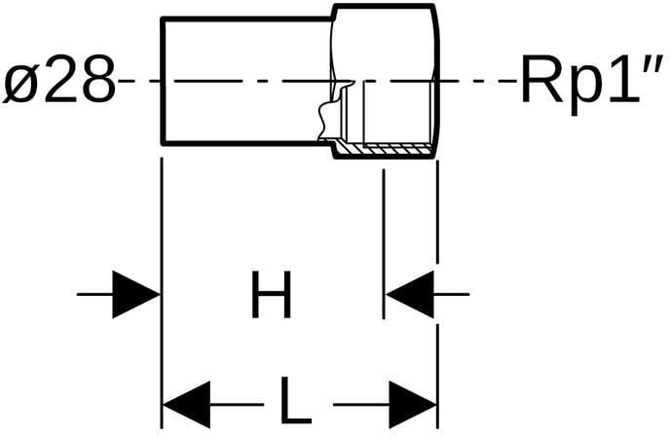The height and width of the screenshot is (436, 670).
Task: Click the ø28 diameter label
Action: click(x=59, y=80)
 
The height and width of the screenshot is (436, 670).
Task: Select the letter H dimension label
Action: click(x=272, y=295)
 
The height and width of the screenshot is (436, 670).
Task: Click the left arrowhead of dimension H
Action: click(x=136, y=294)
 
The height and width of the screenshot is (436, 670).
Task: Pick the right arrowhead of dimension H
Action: click(x=409, y=294)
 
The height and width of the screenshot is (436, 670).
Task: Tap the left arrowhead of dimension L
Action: click(x=187, y=405)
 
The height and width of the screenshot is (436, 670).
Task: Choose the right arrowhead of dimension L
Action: click(x=413, y=405)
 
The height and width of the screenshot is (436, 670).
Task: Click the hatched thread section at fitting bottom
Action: click(x=384, y=150)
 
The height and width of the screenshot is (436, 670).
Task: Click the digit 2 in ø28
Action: click(x=60, y=80)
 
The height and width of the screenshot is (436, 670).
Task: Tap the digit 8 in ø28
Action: click(x=98, y=80)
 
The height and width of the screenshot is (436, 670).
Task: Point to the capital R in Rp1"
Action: click(x=540, y=80)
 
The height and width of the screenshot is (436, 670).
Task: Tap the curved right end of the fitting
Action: click(x=436, y=81)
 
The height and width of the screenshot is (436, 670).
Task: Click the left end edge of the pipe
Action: click(x=163, y=81)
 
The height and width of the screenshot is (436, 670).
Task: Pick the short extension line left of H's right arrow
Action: click(x=384, y=244)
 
